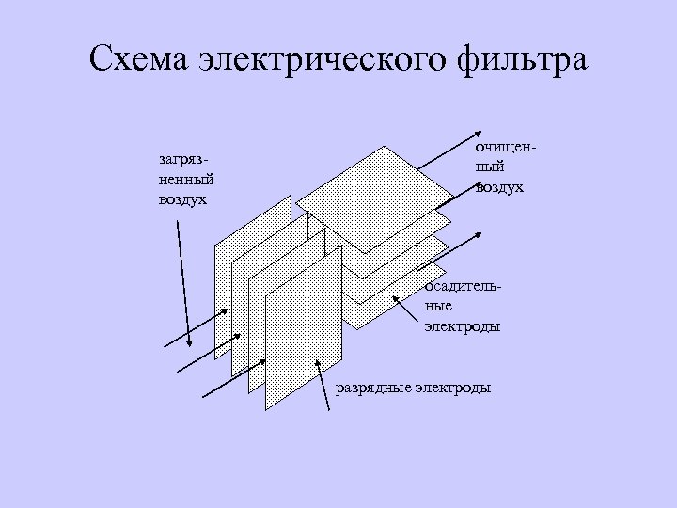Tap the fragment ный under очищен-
click(x=490, y=167)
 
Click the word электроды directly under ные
click(x=461, y=326)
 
